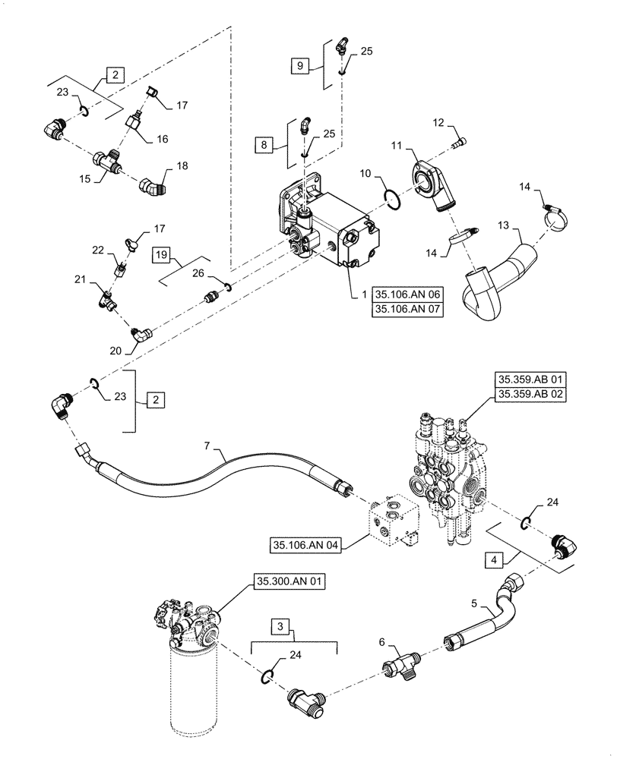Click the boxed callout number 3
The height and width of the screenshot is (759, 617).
(281, 628)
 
